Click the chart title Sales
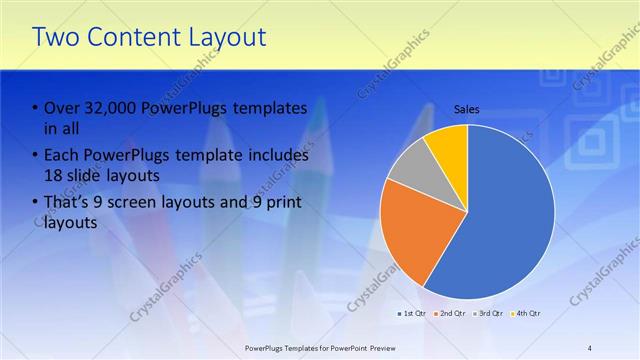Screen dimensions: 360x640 coord(467,109)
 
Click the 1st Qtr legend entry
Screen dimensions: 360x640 coord(412,315)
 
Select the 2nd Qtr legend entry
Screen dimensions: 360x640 coord(452,315)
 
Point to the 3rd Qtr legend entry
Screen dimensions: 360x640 coord(490,315)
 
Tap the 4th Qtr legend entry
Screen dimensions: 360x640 coord(528,315)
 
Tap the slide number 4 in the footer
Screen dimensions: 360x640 coord(590,347)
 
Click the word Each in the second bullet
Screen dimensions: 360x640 coord(61,157)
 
